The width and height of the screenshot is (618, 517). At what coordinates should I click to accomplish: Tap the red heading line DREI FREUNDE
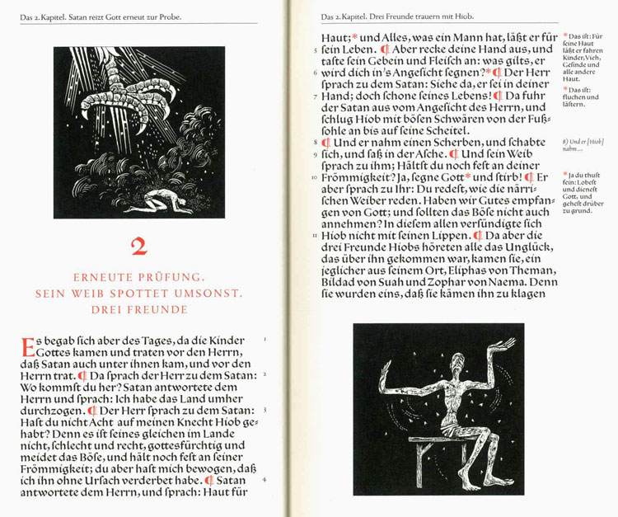pos(138,309)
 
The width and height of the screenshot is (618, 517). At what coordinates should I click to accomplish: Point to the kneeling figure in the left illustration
pos(170,201)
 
